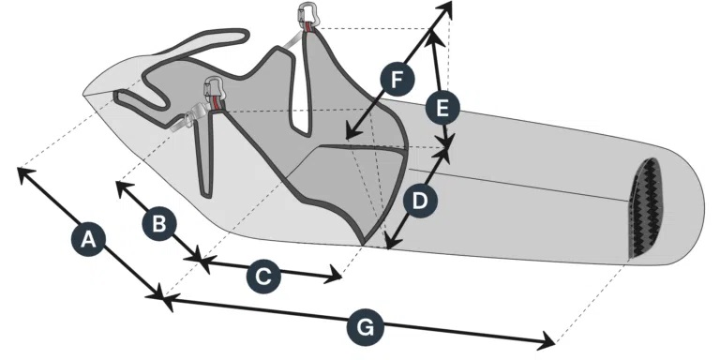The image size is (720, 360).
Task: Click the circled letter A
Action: (x=88, y=239)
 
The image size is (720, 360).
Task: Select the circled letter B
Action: (x=158, y=223)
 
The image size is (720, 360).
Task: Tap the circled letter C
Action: (x=263, y=276)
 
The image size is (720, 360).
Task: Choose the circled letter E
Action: (x=442, y=107)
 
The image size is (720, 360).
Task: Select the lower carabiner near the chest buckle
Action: (x=214, y=88)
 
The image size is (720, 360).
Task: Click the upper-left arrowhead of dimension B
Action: (x=119, y=185)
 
